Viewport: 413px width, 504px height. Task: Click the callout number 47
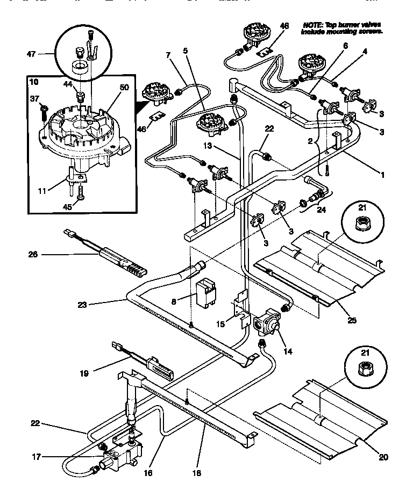pos(31,54)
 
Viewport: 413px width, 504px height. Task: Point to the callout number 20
pos(383,458)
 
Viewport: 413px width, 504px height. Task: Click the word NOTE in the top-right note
pos(313,25)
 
